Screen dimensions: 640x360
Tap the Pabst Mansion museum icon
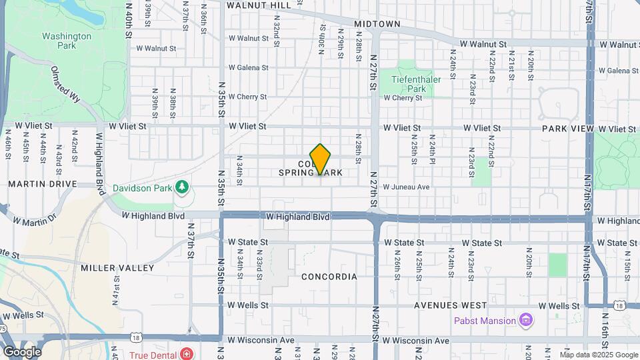coord(527,321)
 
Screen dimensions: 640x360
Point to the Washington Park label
coord(66,41)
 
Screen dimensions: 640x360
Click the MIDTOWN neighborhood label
coord(377,24)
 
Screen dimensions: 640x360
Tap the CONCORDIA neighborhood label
coord(329,276)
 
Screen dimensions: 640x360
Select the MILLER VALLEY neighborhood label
coord(108,267)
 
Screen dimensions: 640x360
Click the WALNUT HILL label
coord(259,5)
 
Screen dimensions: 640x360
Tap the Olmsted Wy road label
coord(65,83)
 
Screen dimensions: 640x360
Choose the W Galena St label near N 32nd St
coord(248,67)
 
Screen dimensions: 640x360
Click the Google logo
coord(22,352)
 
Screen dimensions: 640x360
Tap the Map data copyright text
coord(599,355)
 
